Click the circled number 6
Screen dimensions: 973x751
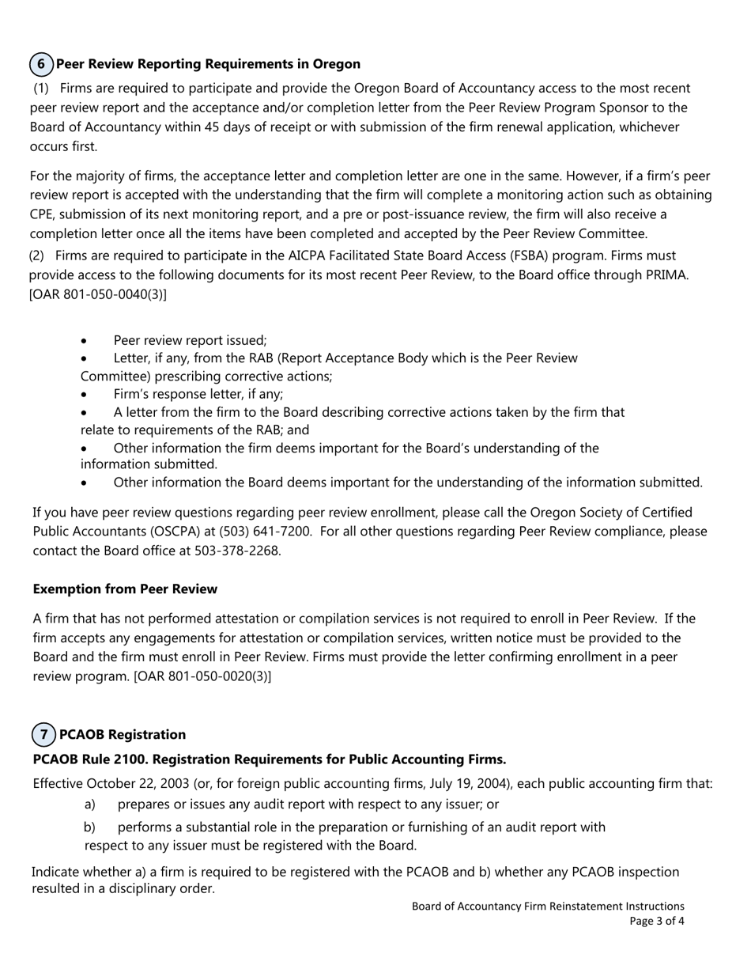pos(41,64)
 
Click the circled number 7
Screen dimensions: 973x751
pos(44,734)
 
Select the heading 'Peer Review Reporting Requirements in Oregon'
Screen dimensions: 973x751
pos(208,64)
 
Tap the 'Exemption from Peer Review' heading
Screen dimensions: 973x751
pos(125,589)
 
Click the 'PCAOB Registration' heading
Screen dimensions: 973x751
pos(123,734)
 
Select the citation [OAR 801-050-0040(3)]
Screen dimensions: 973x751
pos(98,294)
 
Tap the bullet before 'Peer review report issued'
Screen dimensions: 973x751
pos(85,341)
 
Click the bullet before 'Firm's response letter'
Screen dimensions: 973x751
pos(85,395)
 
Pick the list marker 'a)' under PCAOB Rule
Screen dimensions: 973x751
pos(89,805)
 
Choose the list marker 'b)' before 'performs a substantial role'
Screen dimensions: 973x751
pos(89,827)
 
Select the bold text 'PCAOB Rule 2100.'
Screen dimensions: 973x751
pos(90,759)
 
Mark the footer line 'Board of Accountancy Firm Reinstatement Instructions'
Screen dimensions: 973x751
pos(548,907)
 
